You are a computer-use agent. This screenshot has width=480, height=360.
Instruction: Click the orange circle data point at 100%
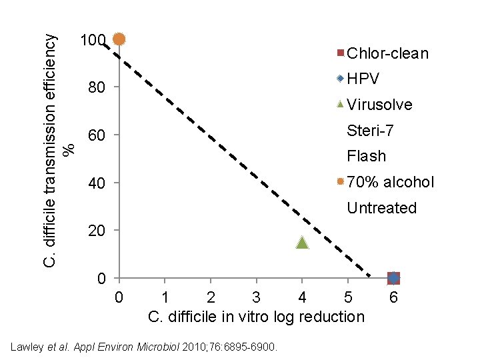119,39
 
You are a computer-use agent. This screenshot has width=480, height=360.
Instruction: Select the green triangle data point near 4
302,243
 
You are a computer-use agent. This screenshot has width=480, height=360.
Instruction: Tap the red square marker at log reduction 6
393,278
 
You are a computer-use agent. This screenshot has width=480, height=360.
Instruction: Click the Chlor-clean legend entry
383,53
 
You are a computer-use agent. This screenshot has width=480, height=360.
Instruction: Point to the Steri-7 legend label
370,131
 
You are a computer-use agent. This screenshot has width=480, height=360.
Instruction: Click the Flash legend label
366,156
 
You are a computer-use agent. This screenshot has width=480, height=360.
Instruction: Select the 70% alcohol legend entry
385,182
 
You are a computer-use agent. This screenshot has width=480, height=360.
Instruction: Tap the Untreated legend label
381,208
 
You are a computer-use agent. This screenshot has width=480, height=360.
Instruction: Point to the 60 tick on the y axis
97,137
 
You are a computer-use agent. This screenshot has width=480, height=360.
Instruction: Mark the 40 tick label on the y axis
97,184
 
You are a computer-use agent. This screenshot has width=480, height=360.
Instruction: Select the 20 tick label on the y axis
97,231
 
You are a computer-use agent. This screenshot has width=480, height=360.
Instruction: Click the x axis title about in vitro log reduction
256,317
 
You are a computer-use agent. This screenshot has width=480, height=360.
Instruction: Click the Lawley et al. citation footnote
145,346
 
